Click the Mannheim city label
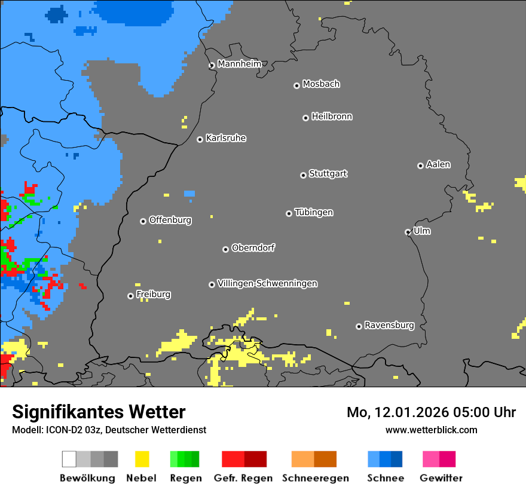(x=239, y=64)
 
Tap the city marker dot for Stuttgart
(x=303, y=175)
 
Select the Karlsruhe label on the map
(x=225, y=138)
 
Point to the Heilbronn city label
(x=331, y=117)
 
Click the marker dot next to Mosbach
(x=296, y=85)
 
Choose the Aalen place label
(x=438, y=164)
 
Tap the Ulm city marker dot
(x=408, y=232)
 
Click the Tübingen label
(x=314, y=212)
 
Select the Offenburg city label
(x=170, y=220)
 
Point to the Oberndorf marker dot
(x=225, y=249)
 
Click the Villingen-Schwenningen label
(x=267, y=283)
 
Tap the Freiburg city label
(x=153, y=295)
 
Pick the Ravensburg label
(x=389, y=326)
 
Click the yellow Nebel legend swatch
(x=142, y=459)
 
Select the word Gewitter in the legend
(x=441, y=478)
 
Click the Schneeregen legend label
(x=315, y=478)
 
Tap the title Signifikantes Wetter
(x=99, y=412)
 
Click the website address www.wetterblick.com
(x=431, y=430)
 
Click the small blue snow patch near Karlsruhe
(x=189, y=194)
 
